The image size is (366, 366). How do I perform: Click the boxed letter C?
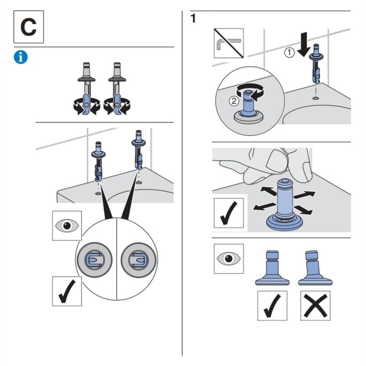(x=28, y=27)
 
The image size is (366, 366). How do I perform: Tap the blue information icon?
(x=21, y=58)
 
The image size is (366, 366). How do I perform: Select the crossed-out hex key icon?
(x=229, y=43)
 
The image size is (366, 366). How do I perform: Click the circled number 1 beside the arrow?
(x=289, y=52)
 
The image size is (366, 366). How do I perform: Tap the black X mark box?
(x=315, y=306)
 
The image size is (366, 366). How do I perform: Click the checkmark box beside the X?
(x=272, y=306)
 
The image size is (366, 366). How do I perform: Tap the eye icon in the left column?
(x=67, y=225)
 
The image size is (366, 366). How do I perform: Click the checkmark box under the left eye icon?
(x=67, y=291)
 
